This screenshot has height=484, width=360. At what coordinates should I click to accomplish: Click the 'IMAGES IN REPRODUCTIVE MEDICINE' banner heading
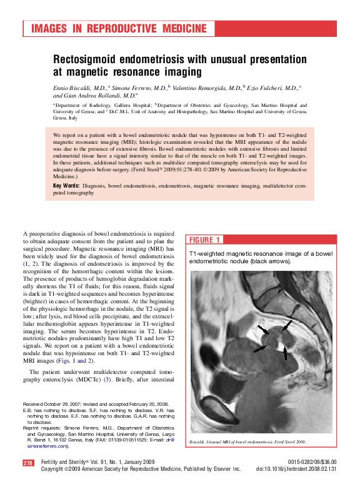119,29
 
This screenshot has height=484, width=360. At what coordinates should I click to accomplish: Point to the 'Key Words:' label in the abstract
66,186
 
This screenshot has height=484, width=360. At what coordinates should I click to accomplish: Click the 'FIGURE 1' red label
204,240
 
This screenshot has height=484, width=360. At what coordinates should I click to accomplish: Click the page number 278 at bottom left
28,462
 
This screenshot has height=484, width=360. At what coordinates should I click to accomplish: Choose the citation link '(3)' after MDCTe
107,381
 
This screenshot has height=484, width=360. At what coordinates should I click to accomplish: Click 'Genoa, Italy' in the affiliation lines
65,118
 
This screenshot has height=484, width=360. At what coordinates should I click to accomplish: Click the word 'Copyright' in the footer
54,468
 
